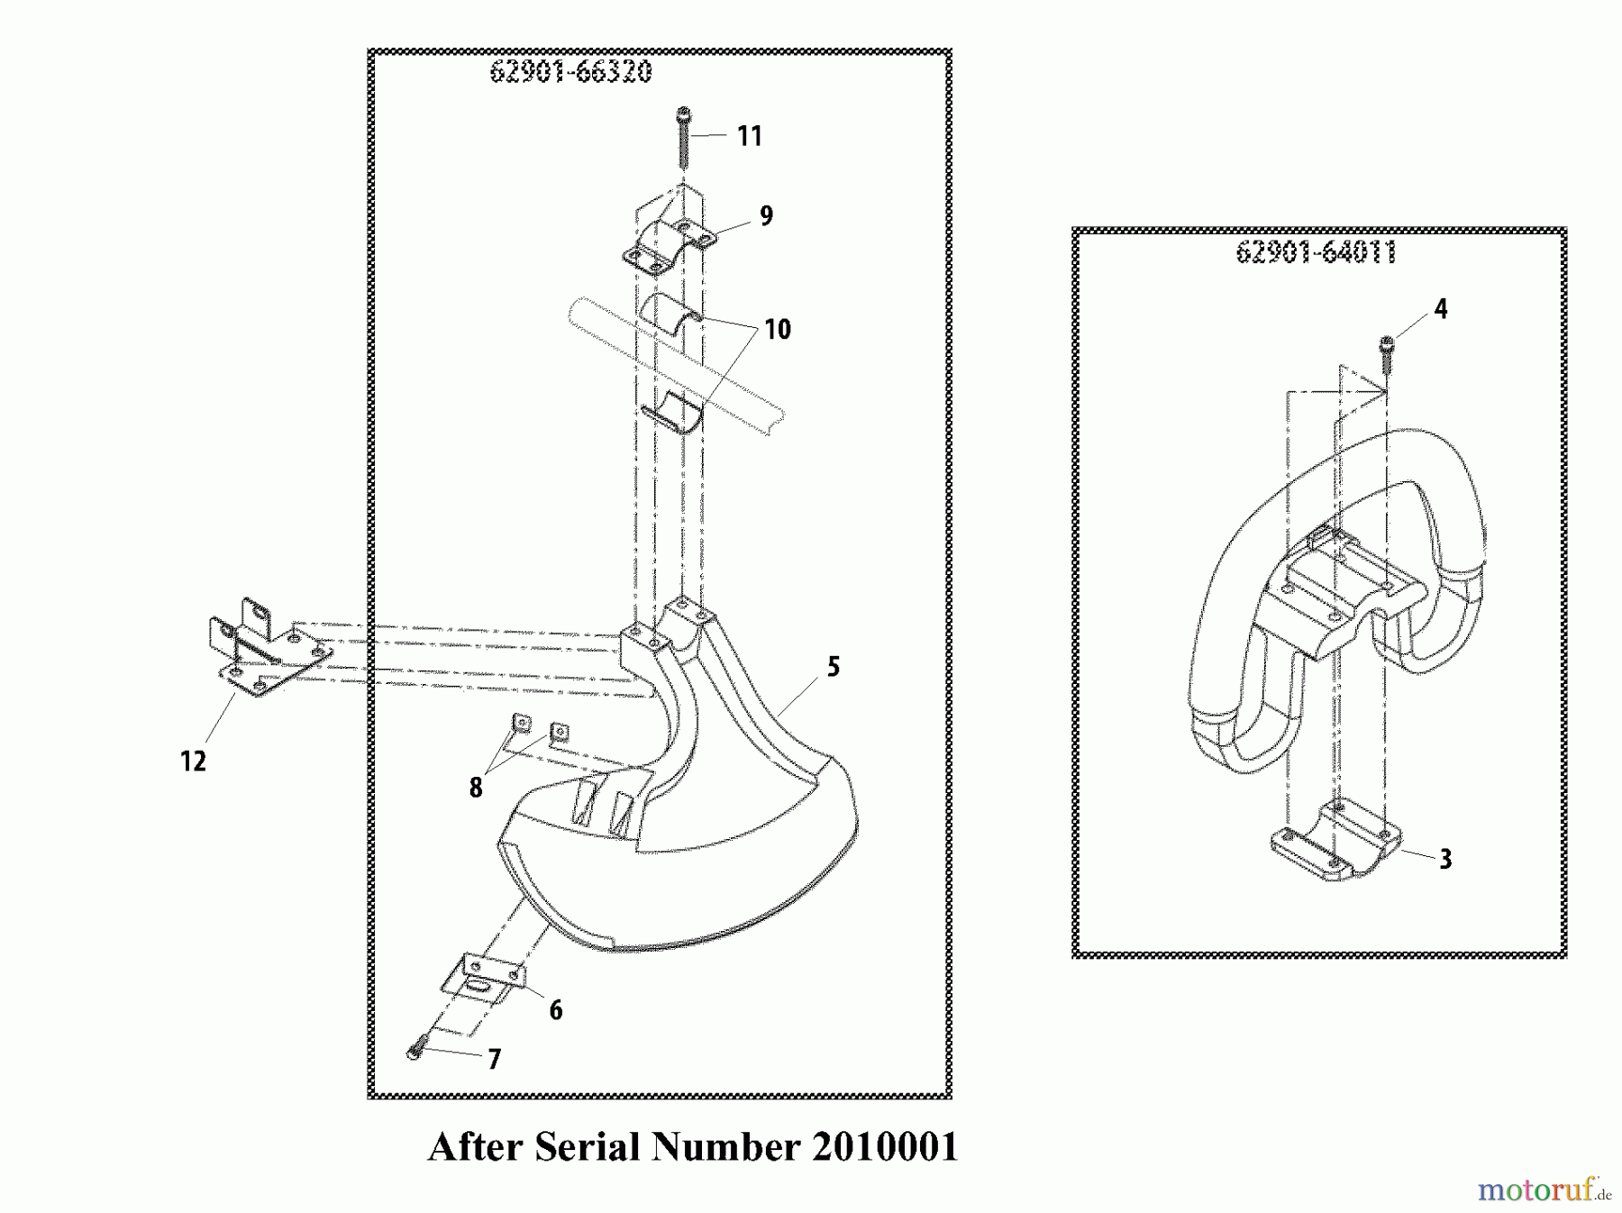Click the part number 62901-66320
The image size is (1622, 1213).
coord(570,72)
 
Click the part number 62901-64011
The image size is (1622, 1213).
coord(1316,252)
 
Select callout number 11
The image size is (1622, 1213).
coord(750,136)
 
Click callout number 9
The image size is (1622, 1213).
coord(766,216)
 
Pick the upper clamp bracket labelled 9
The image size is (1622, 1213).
coord(668,243)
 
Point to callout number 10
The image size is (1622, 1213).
coord(778,330)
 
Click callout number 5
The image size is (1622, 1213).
coord(834,667)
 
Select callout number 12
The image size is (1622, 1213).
coord(194,762)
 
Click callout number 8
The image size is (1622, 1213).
coord(476,789)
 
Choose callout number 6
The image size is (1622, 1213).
coord(556,1010)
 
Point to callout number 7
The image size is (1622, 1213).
coord(494,1059)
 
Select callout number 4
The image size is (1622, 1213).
coord(1441,309)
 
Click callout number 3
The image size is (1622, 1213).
coord(1445,860)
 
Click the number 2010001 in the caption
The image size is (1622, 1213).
coord(884,1147)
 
